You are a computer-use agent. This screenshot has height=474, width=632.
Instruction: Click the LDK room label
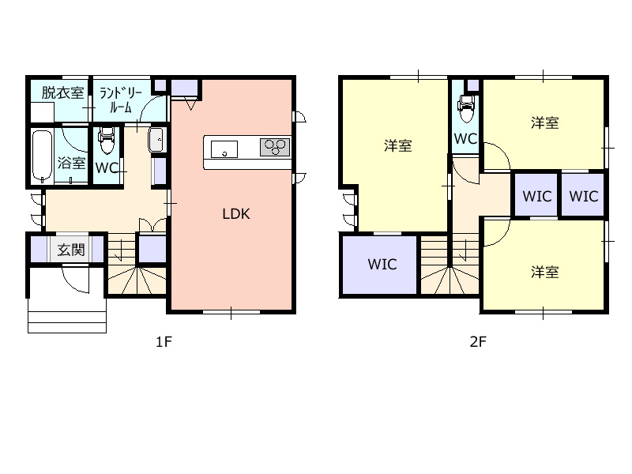click(236, 214)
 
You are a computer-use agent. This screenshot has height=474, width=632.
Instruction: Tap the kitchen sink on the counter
click(224, 149)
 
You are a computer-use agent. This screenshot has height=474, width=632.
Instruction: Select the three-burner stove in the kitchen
click(275, 147)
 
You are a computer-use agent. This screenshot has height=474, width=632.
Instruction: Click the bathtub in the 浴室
click(43, 156)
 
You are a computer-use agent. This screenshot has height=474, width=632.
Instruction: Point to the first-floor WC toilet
click(107, 141)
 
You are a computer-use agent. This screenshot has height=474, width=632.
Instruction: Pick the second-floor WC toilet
click(466, 109)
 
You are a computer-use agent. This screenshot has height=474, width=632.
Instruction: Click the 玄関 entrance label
click(71, 250)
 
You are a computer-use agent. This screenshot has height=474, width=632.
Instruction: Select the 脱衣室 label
click(62, 92)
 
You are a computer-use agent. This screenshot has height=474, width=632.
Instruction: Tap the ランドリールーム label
click(121, 100)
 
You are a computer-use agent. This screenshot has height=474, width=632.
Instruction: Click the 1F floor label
click(164, 342)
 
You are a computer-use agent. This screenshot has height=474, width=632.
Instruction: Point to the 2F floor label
click(478, 342)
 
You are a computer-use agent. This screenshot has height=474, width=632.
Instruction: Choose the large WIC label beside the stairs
click(382, 265)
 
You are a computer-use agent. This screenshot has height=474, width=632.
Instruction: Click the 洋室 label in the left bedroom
click(398, 145)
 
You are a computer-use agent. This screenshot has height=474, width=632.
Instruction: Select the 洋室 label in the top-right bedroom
click(544, 122)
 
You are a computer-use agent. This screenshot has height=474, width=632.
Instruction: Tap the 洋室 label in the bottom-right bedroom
click(544, 273)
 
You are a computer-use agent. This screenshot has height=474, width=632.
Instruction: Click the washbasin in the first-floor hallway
click(156, 140)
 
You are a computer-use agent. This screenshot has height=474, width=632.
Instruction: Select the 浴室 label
click(72, 163)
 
